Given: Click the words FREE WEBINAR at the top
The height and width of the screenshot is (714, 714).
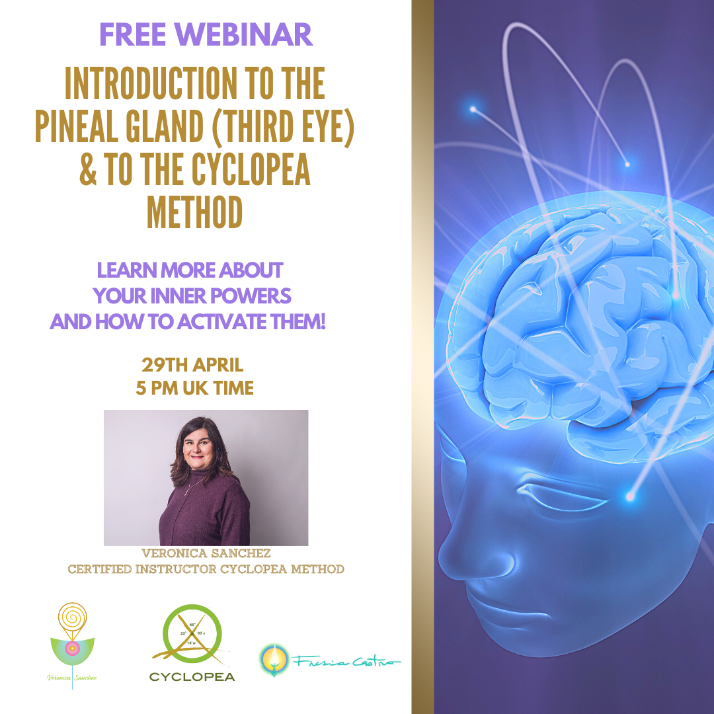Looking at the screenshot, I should tap(206, 34).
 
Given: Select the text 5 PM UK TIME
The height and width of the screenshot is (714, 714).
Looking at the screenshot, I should tap(194, 387).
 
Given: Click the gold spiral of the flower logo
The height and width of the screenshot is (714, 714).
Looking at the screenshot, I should tap(73, 617).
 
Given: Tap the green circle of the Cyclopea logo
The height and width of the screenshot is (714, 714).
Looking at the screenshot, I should tap(192, 635).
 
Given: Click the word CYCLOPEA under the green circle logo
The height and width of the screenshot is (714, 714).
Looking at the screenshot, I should tap(192, 676).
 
